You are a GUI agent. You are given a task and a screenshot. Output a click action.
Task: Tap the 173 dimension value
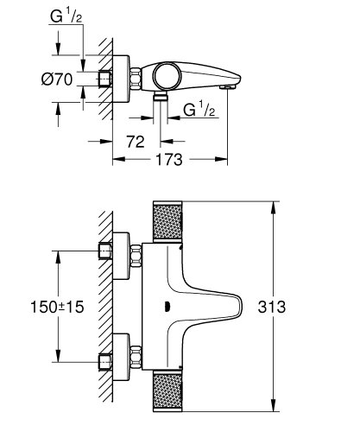[x=169, y=159]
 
